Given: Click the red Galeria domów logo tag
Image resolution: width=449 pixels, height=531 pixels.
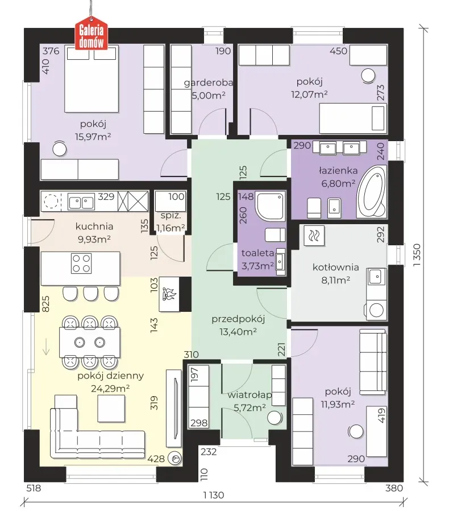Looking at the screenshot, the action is [92, 35].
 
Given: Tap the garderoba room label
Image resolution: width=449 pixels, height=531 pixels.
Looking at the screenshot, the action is [209, 83].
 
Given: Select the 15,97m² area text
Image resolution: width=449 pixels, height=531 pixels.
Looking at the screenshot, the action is [93, 137].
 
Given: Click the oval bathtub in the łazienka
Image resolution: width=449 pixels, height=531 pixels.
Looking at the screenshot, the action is [372, 192].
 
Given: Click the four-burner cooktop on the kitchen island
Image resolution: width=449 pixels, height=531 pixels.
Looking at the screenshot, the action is [81, 264].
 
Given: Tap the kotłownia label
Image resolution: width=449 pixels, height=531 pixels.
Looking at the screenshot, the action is [336, 267].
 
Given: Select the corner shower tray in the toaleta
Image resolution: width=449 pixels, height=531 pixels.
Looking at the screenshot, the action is [270, 205].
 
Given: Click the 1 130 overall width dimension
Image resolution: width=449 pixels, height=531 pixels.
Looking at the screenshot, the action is [214, 495].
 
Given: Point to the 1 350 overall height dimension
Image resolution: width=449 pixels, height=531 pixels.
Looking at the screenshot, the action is [417, 254].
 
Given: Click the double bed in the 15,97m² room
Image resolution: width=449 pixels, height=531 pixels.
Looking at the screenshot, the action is [92, 79].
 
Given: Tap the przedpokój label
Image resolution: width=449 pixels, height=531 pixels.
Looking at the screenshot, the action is [238, 319].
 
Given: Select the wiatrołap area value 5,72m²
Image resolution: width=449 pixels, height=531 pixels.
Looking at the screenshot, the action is [250, 407].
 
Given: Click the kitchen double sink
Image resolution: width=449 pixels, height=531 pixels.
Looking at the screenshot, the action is [81, 203].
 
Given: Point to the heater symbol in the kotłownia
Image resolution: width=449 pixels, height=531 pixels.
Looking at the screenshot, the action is [314, 236].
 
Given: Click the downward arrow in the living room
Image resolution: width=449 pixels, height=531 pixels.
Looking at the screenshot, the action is [46, 347].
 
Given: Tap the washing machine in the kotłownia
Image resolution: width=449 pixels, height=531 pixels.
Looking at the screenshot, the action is [376, 309].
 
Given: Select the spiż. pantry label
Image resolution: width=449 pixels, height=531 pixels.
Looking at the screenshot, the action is [171, 215].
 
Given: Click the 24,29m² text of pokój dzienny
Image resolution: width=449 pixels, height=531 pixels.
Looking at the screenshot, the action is [110, 388].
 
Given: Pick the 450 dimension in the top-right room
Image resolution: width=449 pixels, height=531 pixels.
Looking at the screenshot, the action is [338, 51].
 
